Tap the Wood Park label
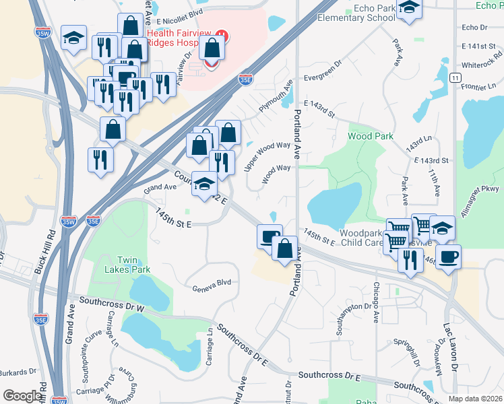(370, 136)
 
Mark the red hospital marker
(222, 35)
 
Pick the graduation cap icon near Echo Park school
(409, 8)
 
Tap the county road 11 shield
(456, 78)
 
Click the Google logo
(22, 396)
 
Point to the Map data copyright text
(475, 398)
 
